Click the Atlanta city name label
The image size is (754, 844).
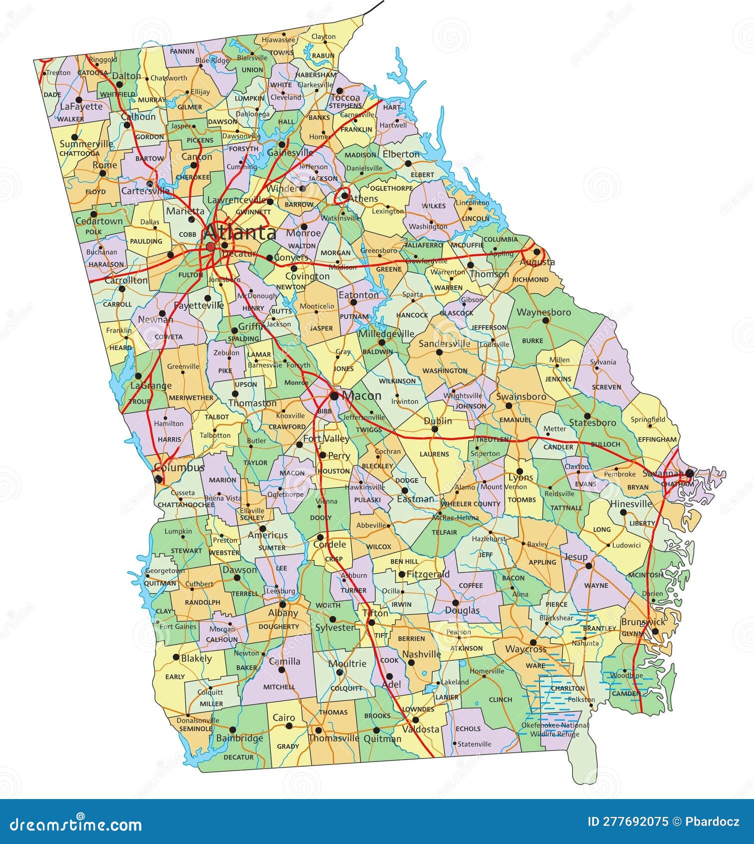tap(240, 233)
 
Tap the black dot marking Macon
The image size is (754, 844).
tap(334, 396)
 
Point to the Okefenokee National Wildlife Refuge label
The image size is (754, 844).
tap(555, 729)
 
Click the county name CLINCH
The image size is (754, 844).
tap(501, 700)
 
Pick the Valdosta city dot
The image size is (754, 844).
tap(415, 720)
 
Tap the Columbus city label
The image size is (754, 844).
tap(179, 467)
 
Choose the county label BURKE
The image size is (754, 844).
tap(532, 341)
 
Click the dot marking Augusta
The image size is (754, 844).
tap(537, 252)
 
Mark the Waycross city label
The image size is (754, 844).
tap(526, 650)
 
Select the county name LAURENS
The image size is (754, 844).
tap(434, 454)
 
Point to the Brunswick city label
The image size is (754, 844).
tap(643, 622)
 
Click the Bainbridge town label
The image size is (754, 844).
tap(239, 738)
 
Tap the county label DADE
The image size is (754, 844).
tap(52, 94)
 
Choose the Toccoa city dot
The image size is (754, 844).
tap(339, 91)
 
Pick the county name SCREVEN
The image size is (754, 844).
tap(606, 387)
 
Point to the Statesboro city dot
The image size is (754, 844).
tap(588, 416)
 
